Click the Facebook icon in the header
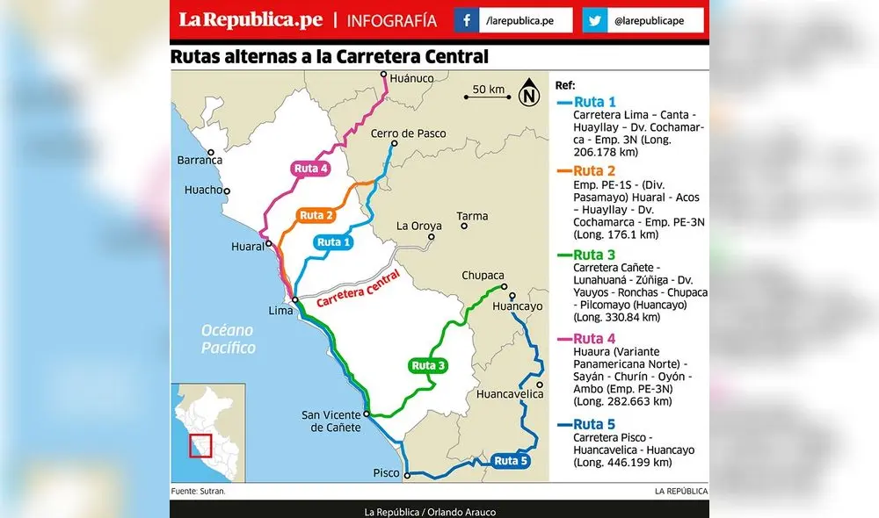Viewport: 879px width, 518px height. pyautogui.click(x=466, y=19)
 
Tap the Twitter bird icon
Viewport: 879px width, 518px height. pyautogui.click(x=595, y=19)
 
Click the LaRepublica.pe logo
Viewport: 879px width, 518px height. pyautogui.click(x=251, y=19)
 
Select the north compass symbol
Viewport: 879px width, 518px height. pyautogui.click(x=529, y=93)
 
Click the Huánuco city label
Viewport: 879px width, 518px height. pyautogui.click(x=413, y=78)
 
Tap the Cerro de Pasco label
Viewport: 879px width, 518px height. pyautogui.click(x=408, y=133)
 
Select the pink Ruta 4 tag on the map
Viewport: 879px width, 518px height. pyautogui.click(x=311, y=169)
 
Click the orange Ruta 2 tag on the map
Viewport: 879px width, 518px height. pyautogui.click(x=316, y=215)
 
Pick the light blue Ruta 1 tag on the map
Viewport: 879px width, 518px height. pyautogui.click(x=334, y=242)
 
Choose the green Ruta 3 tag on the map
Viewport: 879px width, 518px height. pyautogui.click(x=429, y=365)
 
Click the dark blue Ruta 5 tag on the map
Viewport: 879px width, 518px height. pyautogui.click(x=511, y=460)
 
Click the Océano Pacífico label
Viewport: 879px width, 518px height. pyautogui.click(x=228, y=339)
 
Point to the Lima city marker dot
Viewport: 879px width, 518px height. pyautogui.click(x=296, y=300)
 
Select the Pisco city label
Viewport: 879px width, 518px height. pyautogui.click(x=385, y=473)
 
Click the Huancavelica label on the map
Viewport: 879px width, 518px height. pyautogui.click(x=509, y=394)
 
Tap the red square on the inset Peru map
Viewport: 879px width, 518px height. pyautogui.click(x=202, y=445)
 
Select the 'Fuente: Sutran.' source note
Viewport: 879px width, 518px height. pyautogui.click(x=199, y=491)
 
